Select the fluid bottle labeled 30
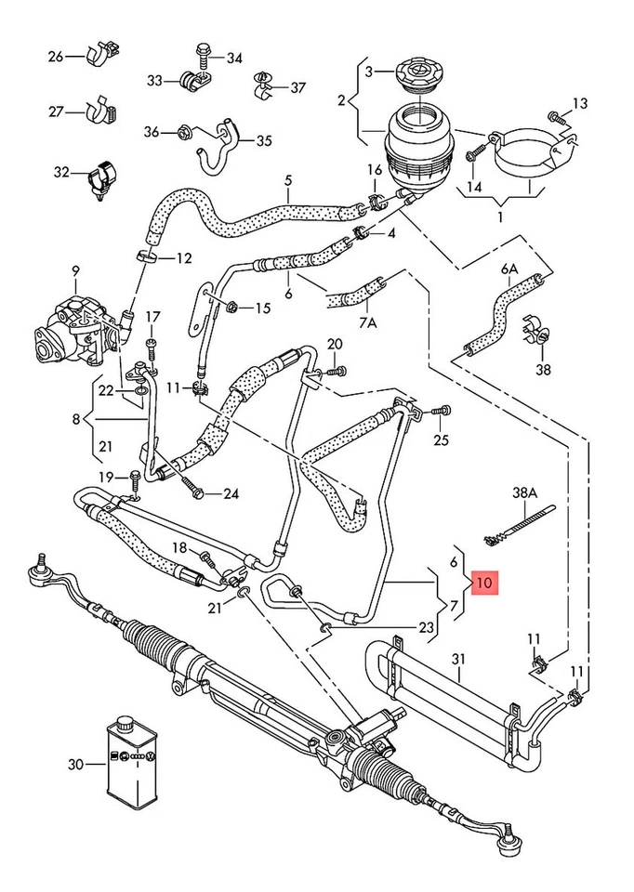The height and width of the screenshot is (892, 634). tap(128, 764)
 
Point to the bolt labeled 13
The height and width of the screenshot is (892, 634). tap(556, 118)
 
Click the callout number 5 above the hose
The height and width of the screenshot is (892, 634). tap(288, 180)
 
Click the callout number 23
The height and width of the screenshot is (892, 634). tap(426, 627)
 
